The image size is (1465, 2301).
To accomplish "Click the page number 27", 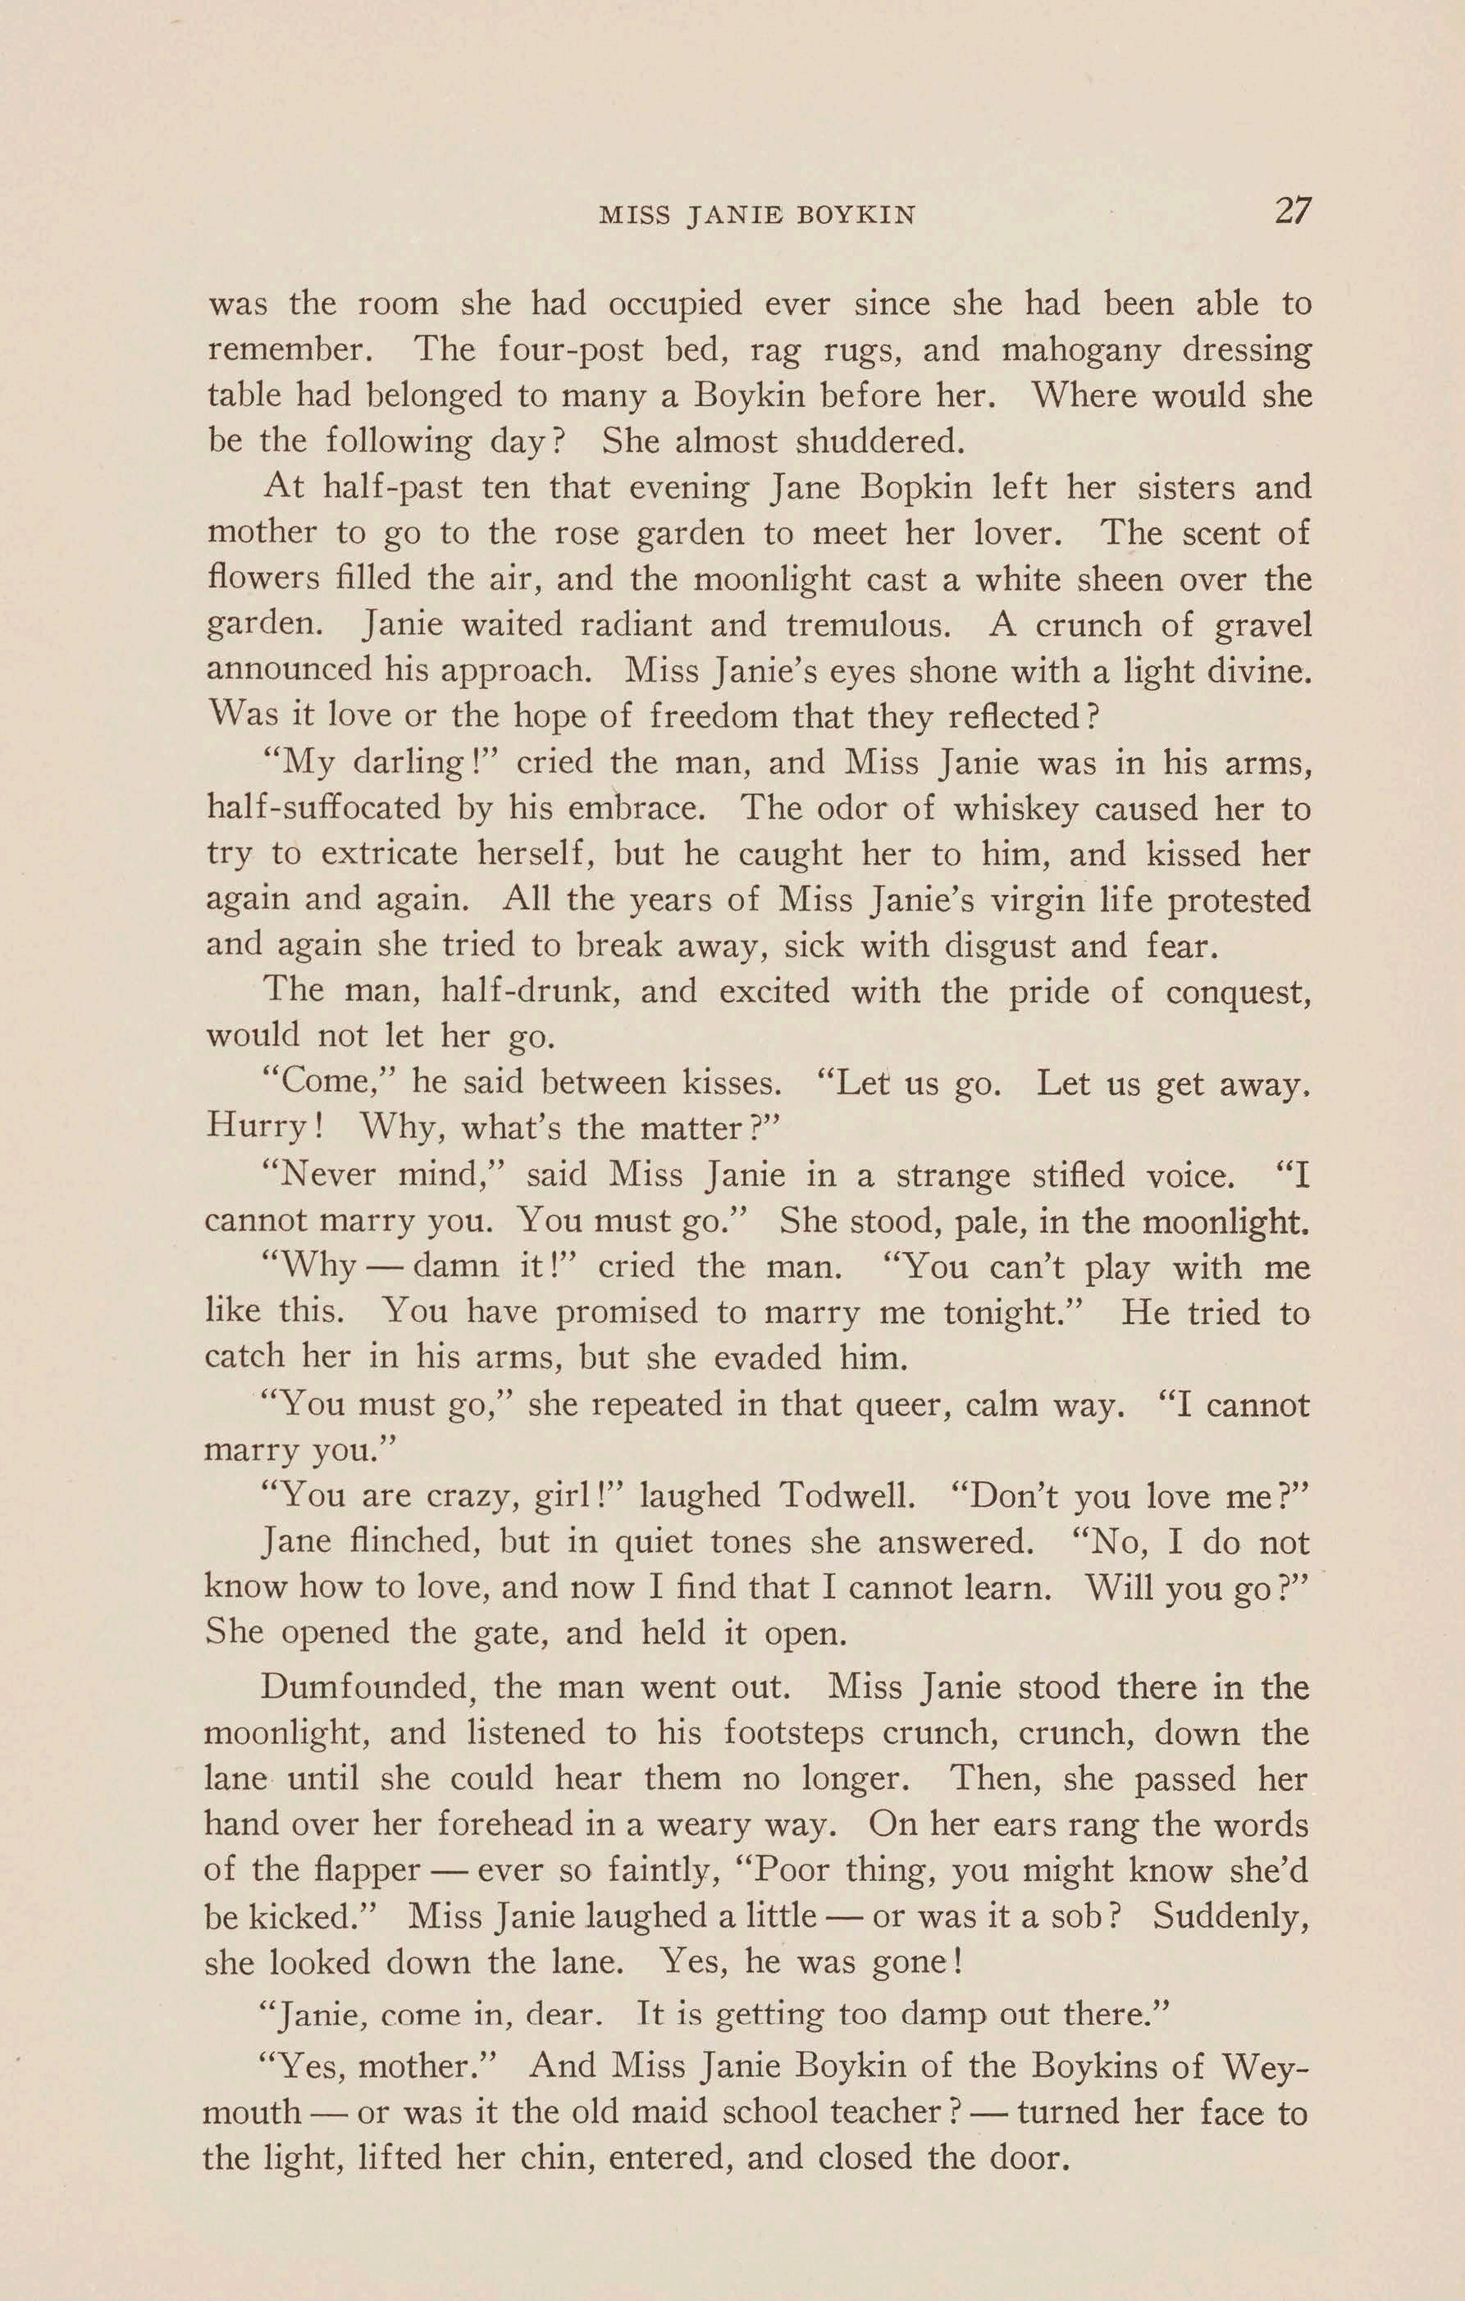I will (1292, 210).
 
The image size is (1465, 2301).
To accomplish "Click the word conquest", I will (1238, 992).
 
